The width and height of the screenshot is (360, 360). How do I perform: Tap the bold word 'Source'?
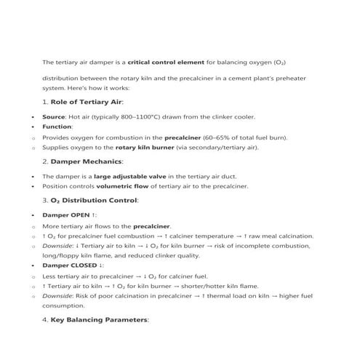pos(55,116)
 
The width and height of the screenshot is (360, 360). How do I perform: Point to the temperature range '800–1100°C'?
pos(132,116)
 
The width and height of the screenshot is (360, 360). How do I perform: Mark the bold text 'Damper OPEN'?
pos(65,216)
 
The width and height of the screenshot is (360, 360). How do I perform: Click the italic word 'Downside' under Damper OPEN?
pos(57,246)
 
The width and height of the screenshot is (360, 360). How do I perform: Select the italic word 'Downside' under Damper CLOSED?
pos(57,296)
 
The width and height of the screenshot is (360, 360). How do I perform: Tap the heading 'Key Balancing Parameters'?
pos(100,319)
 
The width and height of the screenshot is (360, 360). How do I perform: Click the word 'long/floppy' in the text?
pos(60,256)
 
